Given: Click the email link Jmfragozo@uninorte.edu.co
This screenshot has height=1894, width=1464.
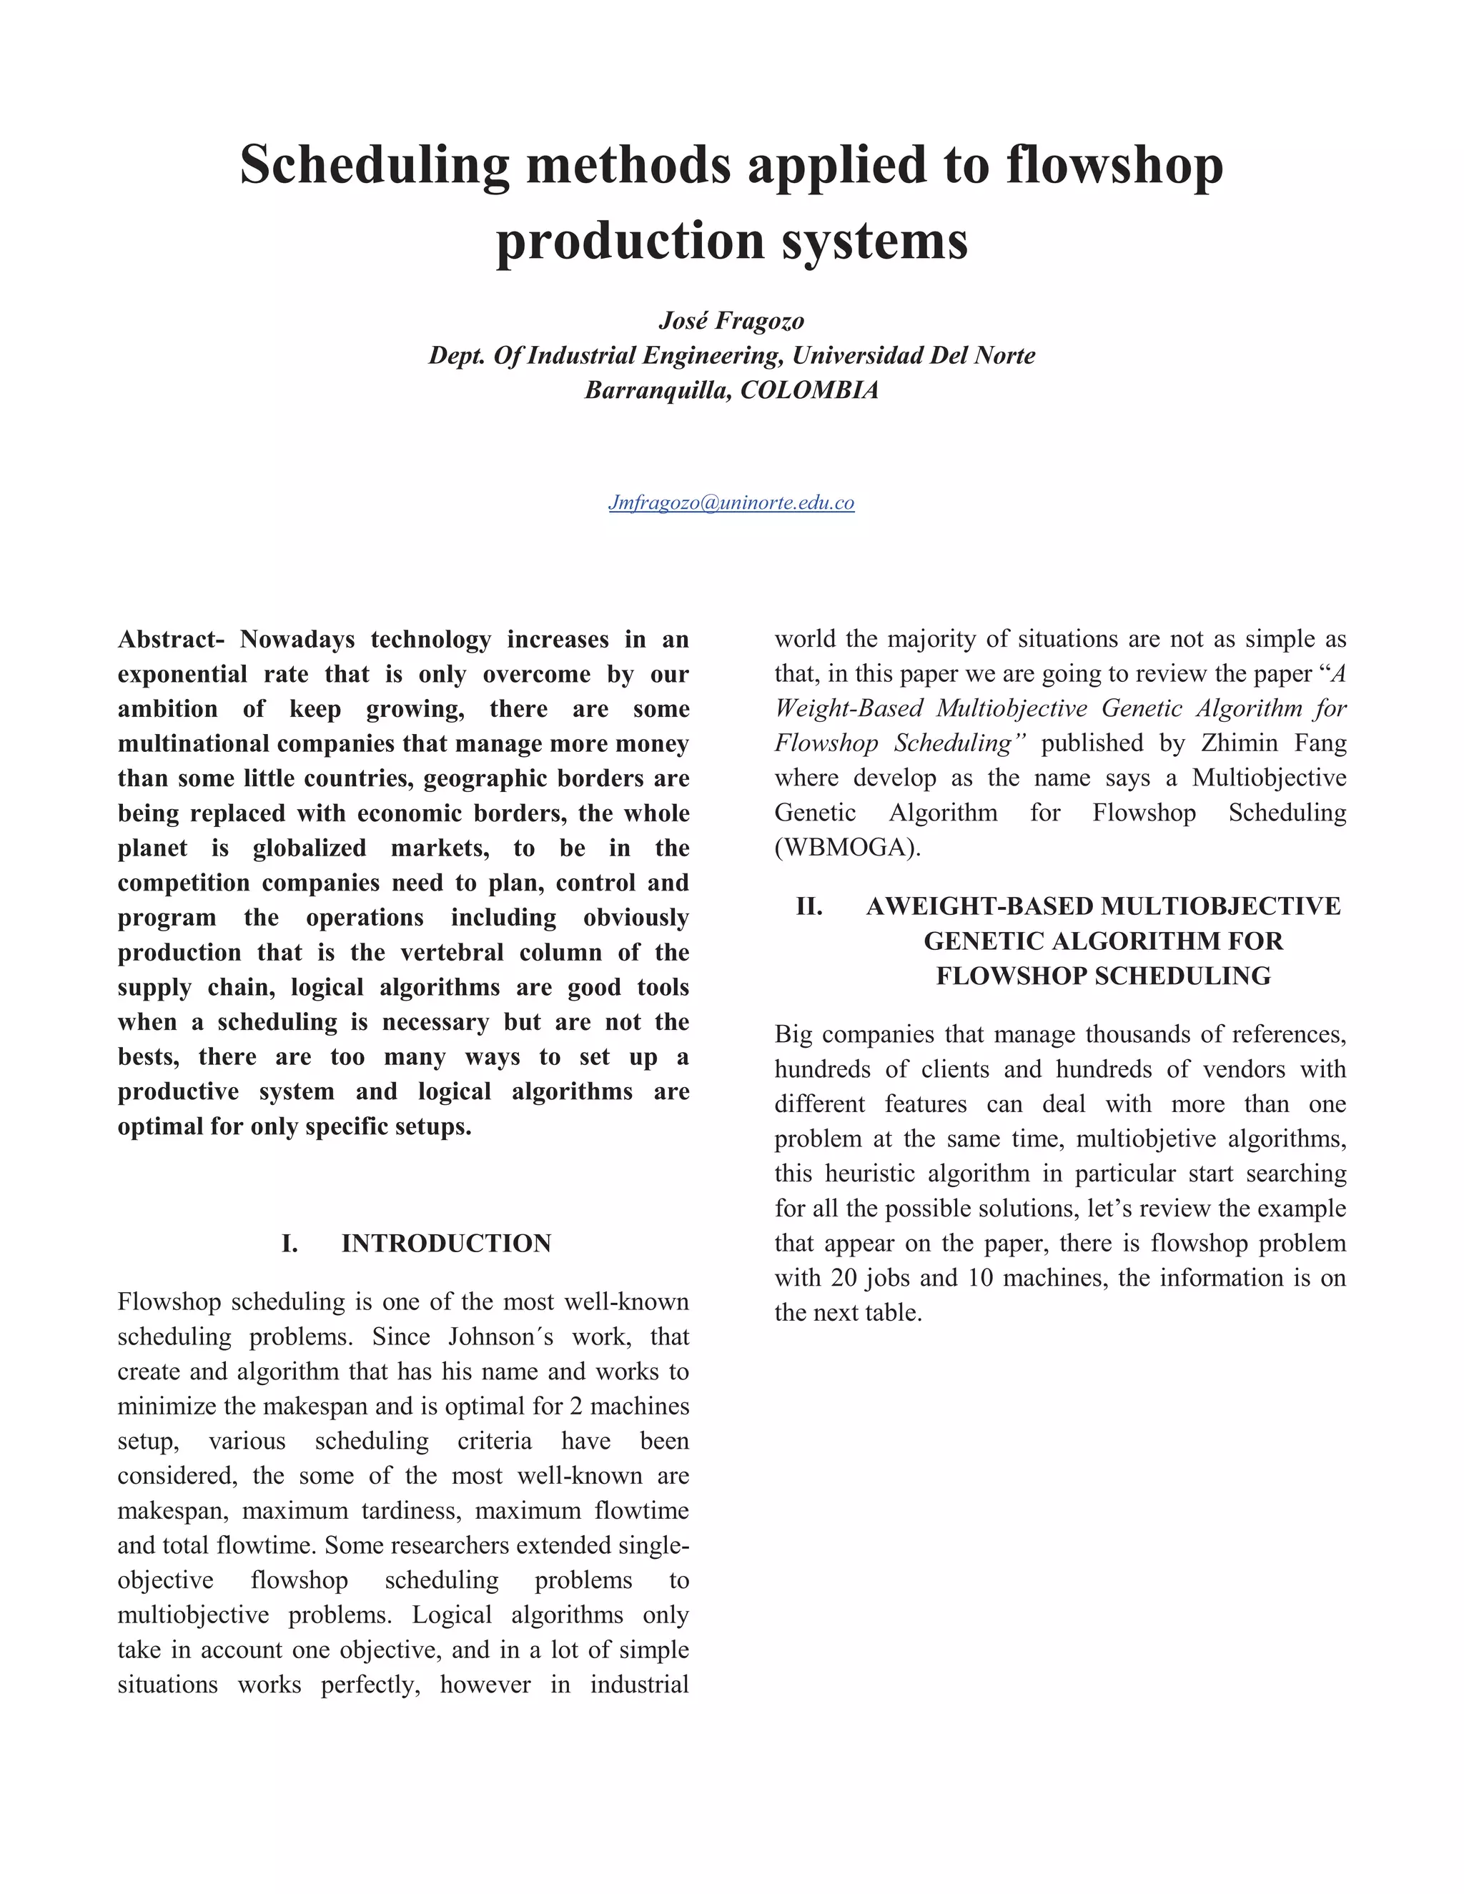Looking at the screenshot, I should (x=731, y=503).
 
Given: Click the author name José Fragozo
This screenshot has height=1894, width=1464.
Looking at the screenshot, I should (x=731, y=321).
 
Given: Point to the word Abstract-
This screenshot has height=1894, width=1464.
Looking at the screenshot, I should (x=172, y=640).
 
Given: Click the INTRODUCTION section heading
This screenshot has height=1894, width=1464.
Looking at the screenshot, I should (x=446, y=1244).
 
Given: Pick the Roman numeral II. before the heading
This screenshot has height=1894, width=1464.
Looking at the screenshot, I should (x=809, y=906).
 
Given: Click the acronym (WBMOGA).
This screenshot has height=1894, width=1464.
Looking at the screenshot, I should (x=847, y=847).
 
